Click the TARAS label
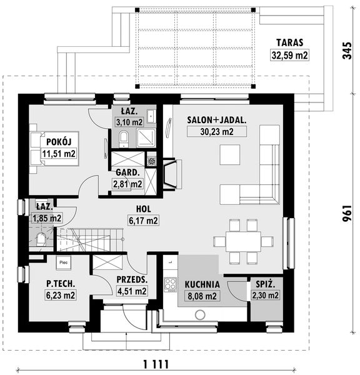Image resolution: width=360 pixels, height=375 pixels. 289,42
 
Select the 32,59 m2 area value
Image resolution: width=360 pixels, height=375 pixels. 289,55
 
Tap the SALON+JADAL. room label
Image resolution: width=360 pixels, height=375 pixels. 217,120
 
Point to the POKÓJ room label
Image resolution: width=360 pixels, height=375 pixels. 59,142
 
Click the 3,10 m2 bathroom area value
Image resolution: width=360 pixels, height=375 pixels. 129,122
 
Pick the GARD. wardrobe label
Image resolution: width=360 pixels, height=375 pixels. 127,172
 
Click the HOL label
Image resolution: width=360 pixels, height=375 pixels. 144,209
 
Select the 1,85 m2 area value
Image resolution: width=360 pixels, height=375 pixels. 47,218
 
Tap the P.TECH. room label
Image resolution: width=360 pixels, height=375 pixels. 61,284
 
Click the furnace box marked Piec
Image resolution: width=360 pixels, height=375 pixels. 63,262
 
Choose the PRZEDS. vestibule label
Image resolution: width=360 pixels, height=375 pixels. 132,279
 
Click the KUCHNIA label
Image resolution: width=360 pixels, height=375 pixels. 202,284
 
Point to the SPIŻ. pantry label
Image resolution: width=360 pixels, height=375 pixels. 265,284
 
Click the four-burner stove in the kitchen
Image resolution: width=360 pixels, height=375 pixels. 170,284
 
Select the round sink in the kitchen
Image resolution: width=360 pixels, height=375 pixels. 200,315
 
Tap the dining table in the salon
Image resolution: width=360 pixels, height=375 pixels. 243,241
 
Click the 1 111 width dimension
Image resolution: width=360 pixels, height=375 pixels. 156,364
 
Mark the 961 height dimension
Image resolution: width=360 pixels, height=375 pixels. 347,213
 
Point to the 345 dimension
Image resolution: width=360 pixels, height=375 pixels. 347,51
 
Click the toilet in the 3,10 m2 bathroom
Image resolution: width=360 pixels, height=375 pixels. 124,139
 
